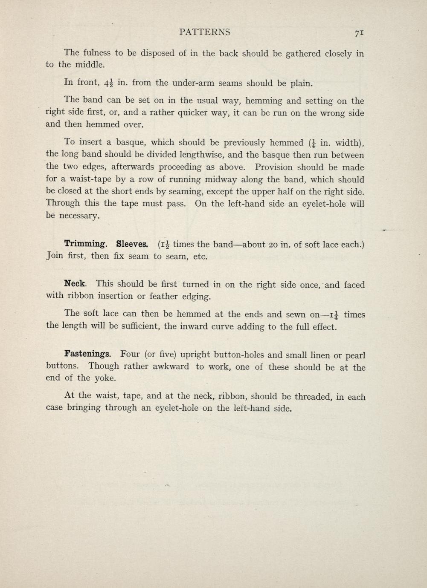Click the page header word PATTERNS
point(205,32)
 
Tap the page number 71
point(358,33)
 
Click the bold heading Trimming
point(85,244)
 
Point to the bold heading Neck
point(76,283)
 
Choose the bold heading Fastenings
point(88,354)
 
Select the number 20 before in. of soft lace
point(274,245)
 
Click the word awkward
point(168,366)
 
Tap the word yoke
point(105,378)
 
